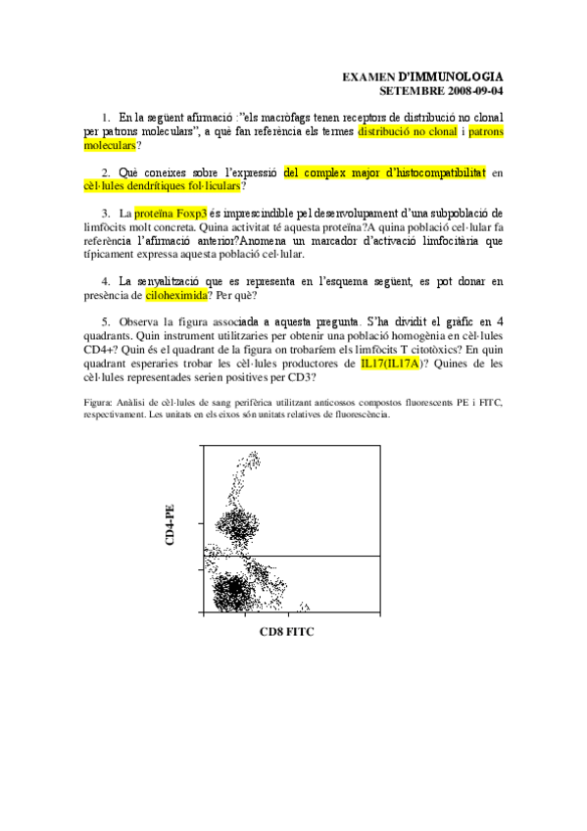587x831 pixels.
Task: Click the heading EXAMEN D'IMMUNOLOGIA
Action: (x=422, y=75)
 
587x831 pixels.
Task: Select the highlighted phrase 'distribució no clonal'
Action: (x=408, y=130)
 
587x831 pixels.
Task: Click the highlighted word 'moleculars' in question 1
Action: (x=110, y=145)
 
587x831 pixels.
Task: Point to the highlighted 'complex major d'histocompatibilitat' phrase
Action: (x=384, y=172)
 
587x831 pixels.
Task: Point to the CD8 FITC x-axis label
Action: (x=286, y=633)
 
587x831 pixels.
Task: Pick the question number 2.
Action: (x=106, y=172)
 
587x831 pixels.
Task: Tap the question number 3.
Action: (x=106, y=213)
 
